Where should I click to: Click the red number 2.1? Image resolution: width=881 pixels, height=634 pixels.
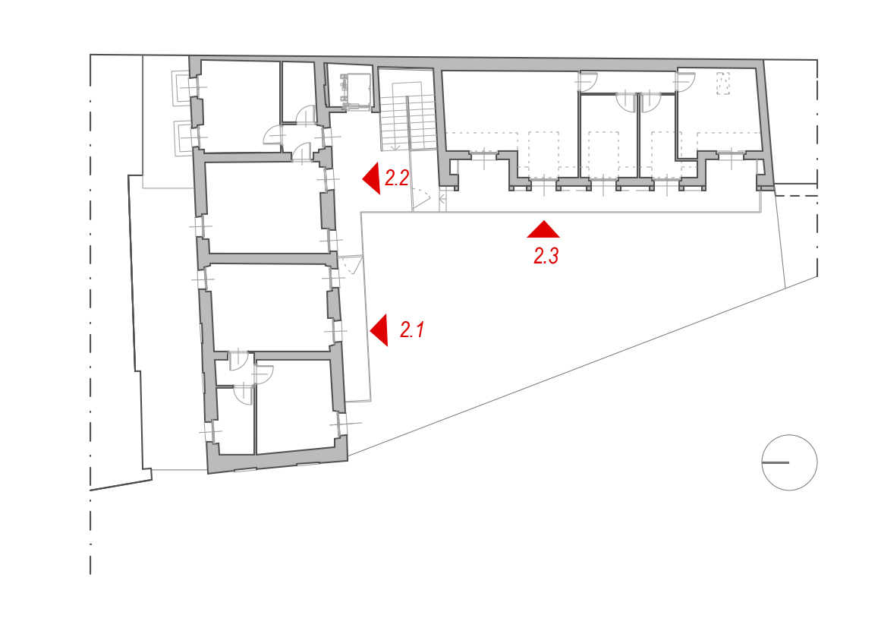[412, 330]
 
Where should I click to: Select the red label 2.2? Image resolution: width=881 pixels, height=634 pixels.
[397, 178]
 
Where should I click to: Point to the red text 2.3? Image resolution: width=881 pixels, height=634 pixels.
[546, 257]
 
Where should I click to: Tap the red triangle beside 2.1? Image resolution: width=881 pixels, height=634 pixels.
[379, 330]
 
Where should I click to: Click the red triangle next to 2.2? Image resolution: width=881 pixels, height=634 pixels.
[371, 178]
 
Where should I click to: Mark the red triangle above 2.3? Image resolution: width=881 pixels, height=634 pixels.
[543, 229]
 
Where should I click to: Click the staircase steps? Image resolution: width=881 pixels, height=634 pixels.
[408, 121]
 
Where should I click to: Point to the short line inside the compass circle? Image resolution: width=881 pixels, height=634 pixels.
[776, 462]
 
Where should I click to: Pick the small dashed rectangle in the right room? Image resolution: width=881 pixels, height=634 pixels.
[723, 84]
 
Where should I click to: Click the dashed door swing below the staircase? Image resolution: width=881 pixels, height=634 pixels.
[421, 199]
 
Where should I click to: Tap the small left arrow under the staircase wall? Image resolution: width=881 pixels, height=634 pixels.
[442, 198]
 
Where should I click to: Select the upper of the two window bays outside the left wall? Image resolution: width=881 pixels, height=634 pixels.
[181, 87]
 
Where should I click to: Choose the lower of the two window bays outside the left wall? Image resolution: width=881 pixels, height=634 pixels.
[183, 137]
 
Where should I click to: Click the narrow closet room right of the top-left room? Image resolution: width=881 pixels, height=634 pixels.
[297, 92]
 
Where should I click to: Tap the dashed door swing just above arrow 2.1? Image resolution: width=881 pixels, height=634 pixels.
[352, 265]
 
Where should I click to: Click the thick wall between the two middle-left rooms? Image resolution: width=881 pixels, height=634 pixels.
[269, 259]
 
